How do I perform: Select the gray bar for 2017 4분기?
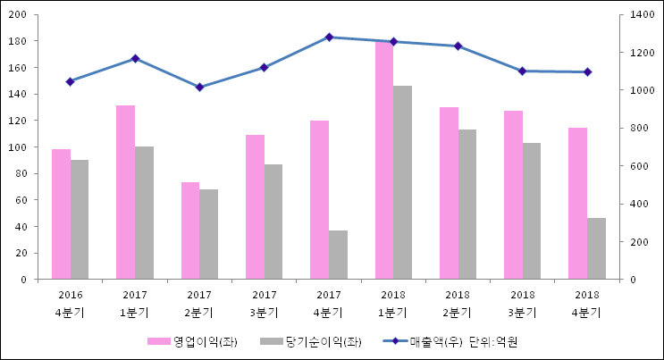coord(338,255)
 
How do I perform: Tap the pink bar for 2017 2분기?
coord(190,230)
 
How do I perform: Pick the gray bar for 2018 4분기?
coord(596,248)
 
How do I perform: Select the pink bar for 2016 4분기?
coord(61,214)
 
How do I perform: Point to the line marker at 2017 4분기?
coord(329,38)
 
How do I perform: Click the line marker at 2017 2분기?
coord(199,87)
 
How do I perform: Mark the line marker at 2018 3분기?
coord(523,71)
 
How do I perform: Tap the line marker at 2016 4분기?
coord(70,81)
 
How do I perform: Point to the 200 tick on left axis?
coord(19,15)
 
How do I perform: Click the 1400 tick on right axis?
coord(641,15)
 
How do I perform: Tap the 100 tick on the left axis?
coord(19,147)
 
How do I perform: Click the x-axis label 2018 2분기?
coord(458,303)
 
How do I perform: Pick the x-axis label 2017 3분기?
coord(264,303)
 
